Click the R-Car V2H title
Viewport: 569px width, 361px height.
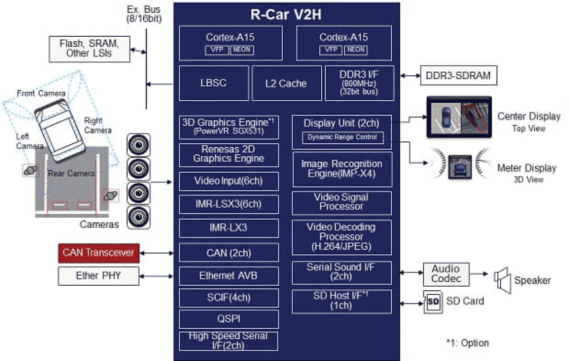(286, 15)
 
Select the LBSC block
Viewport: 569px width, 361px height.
(214, 83)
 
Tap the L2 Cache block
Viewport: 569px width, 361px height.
(286, 83)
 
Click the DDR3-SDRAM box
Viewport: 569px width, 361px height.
(458, 75)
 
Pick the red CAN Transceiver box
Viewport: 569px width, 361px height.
(99, 253)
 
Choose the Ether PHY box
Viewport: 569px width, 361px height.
(99, 276)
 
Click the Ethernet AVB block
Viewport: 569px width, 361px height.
(229, 276)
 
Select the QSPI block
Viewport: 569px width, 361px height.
(229, 319)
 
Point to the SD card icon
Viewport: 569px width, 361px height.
(432, 302)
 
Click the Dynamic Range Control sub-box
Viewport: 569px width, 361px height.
(342, 137)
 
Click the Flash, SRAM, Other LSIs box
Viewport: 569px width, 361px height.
(89, 49)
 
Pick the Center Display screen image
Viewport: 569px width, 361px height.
(458, 117)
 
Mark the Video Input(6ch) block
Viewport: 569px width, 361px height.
(229, 181)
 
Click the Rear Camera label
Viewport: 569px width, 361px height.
(71, 173)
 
